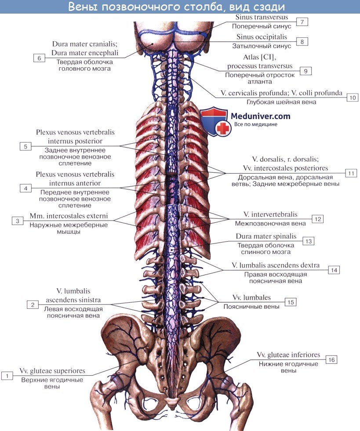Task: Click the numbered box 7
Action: pos(302,22)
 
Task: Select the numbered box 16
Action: pos(331,360)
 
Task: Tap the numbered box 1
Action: pos(7,375)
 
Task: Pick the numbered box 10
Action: pos(352,98)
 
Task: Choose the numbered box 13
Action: pos(309,241)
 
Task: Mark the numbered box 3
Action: pos(17,221)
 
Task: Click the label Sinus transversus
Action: pos(262,18)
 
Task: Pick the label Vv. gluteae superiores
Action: pos(52,371)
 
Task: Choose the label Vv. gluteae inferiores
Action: pos(288,355)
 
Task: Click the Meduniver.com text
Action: pos(261,116)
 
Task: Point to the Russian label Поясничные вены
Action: pos(251,306)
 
